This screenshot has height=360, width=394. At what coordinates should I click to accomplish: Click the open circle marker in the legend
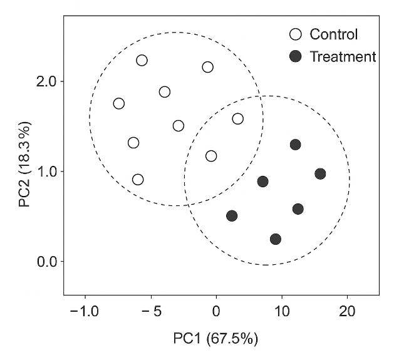coord(295,34)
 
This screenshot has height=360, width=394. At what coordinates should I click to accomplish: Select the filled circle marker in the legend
coord(295,57)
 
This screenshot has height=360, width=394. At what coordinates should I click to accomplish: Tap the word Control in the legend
coord(334,34)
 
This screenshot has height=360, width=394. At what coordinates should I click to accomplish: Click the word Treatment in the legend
coord(343,57)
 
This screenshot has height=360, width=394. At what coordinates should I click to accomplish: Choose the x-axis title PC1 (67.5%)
coord(215,339)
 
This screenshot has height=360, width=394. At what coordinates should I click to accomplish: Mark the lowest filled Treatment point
coord(276,239)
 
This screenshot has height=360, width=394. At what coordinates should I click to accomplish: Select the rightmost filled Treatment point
coord(320,173)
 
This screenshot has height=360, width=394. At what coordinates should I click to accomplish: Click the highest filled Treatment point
coord(295,145)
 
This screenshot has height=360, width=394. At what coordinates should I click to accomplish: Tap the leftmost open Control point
coord(119,103)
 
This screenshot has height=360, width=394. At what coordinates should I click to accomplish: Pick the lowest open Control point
coord(138,180)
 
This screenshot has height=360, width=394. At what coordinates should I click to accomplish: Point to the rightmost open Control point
coord(237,119)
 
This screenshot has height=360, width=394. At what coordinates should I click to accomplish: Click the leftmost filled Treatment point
coord(232,215)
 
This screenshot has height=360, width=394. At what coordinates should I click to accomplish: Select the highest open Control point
coord(142,60)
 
